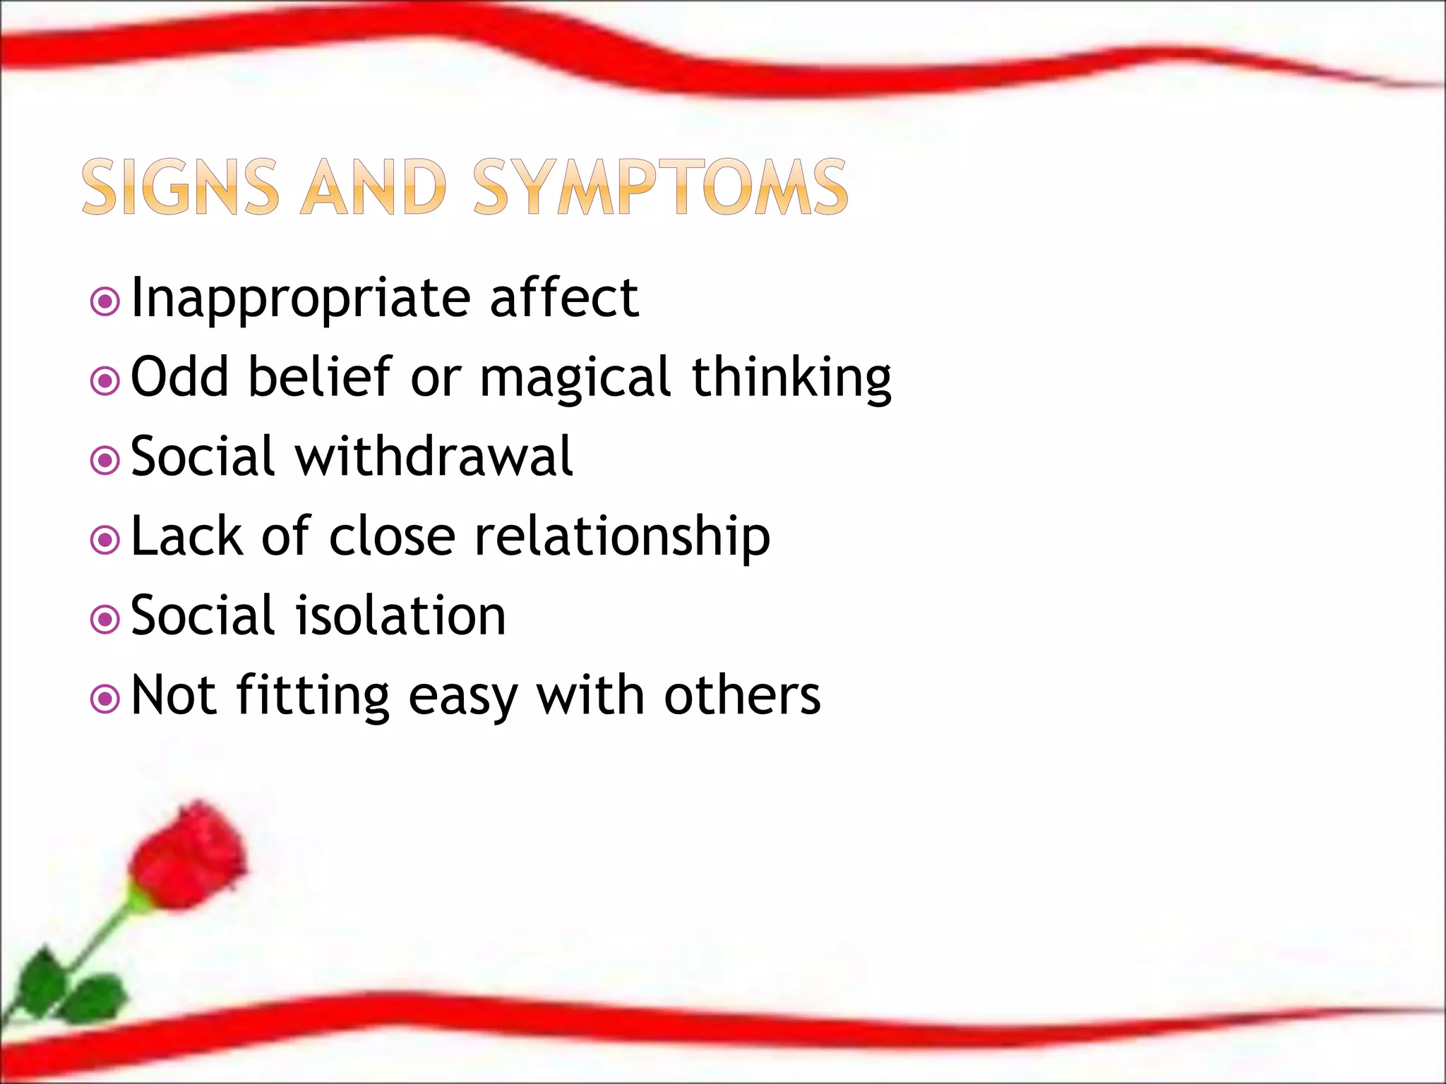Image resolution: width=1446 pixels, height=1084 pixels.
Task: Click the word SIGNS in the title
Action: [180, 187]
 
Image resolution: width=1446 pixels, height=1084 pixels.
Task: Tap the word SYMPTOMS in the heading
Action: [660, 187]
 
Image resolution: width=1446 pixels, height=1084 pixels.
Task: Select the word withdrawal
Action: [434, 457]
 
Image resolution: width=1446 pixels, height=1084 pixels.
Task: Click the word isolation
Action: [400, 616]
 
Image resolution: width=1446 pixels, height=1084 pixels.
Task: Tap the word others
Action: [741, 696]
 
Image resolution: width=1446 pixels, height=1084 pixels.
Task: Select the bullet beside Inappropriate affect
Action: [105, 302]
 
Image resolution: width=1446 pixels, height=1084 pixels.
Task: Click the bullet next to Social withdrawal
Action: [105, 461]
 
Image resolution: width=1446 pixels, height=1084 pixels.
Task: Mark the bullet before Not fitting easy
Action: [105, 699]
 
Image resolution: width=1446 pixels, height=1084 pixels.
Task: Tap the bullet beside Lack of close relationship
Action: [105, 541]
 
